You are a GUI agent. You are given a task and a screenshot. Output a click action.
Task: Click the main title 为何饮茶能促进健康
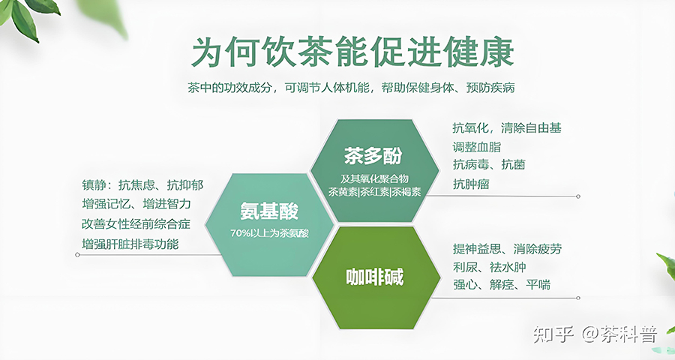(x=352, y=52)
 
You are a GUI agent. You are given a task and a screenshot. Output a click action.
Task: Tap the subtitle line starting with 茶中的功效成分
(x=351, y=88)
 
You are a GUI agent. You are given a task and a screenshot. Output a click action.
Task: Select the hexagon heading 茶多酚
(x=373, y=156)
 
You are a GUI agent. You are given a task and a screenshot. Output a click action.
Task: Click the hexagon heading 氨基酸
(x=269, y=211)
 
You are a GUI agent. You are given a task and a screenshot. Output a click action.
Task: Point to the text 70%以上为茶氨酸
(x=269, y=233)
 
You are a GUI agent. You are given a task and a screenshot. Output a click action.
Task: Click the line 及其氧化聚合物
(x=374, y=178)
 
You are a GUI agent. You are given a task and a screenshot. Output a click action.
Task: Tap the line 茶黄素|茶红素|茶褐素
(x=374, y=192)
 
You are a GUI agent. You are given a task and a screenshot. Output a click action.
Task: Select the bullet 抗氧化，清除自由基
(x=507, y=128)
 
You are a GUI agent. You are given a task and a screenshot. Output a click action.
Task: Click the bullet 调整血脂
(x=476, y=147)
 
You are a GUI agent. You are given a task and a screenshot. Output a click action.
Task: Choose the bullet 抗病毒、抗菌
(x=488, y=164)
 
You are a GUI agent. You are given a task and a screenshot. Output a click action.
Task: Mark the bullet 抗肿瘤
(x=471, y=184)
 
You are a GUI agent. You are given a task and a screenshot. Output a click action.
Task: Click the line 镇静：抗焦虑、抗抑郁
(x=142, y=185)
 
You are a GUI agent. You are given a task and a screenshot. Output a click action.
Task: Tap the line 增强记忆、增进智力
(x=136, y=204)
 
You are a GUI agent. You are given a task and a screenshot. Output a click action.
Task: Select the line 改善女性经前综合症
(x=136, y=224)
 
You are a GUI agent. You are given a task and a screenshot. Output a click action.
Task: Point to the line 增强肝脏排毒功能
(x=130, y=244)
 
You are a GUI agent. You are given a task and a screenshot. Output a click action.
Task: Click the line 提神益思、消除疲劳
(x=507, y=249)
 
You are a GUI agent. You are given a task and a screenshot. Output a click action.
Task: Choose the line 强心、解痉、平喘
(x=502, y=285)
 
